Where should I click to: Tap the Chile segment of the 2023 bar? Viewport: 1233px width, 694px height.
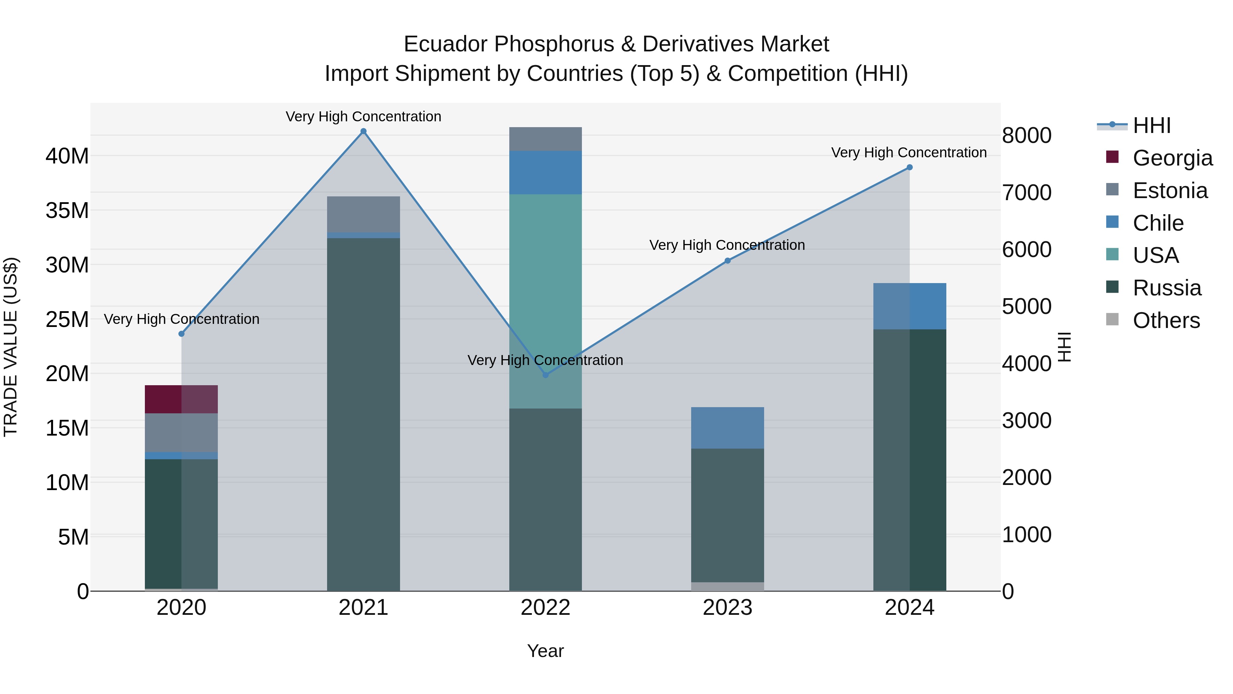[727, 428]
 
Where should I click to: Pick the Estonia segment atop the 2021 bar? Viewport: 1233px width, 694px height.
[363, 214]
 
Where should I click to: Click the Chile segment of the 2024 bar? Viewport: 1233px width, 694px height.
[909, 306]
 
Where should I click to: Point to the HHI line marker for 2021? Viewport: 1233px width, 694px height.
[363, 131]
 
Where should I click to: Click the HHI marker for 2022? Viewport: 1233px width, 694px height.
[545, 375]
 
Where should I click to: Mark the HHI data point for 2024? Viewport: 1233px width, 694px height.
[909, 167]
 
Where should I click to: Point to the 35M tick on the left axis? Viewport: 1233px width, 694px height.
[67, 210]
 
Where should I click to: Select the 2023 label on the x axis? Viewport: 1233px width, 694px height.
[727, 608]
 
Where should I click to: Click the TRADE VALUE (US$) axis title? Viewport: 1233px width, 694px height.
[11, 347]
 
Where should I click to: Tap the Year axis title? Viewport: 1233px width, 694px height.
[545, 651]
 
